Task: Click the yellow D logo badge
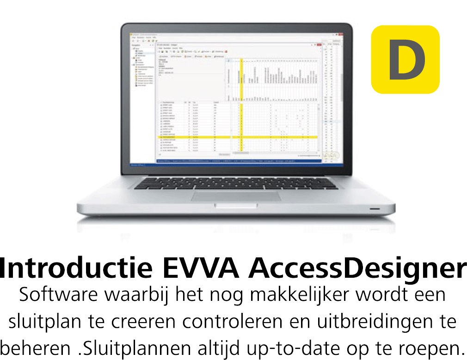pyautogui.click(x=405, y=59)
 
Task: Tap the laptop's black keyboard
pyautogui.click(x=235, y=184)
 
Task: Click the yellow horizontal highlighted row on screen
pyautogui.click(x=236, y=137)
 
